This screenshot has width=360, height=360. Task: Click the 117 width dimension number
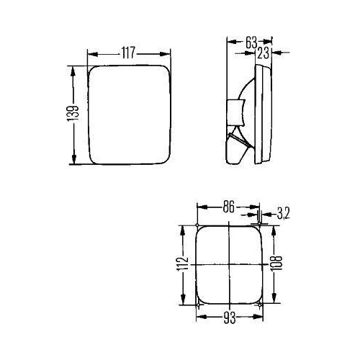click(x=128, y=53)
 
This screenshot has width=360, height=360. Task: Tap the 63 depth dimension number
click(x=251, y=42)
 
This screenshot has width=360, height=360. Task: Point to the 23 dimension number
click(x=264, y=52)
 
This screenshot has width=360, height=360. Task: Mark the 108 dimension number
click(x=276, y=266)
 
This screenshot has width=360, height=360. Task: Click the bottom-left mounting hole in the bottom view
click(x=197, y=305)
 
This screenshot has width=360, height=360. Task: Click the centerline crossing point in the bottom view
click(x=228, y=265)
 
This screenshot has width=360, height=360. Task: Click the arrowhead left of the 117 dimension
click(x=90, y=53)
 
